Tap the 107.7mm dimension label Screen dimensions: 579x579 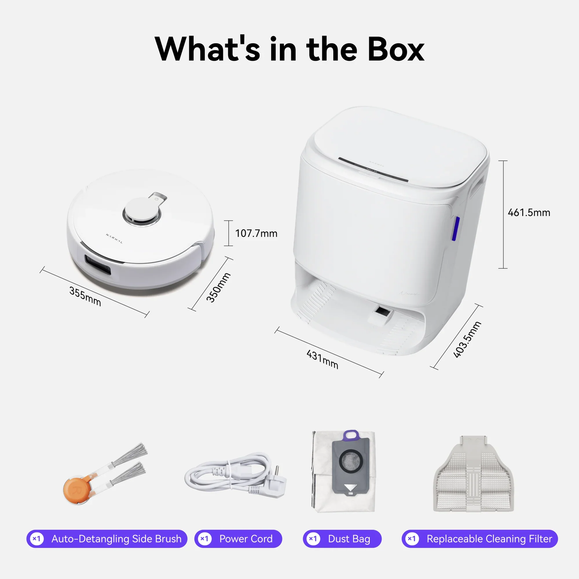point(256,233)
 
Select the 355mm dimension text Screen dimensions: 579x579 point(85,296)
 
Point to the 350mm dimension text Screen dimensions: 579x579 point(219,287)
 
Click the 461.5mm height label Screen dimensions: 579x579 point(529,212)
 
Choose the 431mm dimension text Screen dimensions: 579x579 point(322,359)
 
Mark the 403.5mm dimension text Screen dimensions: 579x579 point(467,340)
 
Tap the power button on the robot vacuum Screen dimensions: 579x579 point(157,199)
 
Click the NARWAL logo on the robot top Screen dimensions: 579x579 point(114,239)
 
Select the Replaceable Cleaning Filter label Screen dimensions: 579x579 point(479,539)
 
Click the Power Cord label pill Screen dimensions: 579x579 point(238,539)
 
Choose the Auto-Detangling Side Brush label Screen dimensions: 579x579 point(107,539)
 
